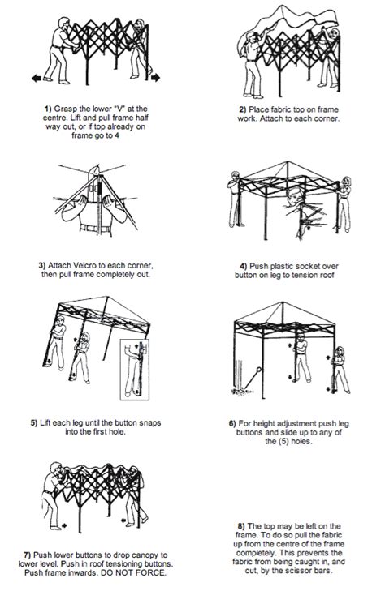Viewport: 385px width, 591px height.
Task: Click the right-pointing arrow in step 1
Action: point(154,77)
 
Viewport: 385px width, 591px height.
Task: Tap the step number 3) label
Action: point(42,264)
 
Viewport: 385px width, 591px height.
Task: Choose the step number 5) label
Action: point(33,422)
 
